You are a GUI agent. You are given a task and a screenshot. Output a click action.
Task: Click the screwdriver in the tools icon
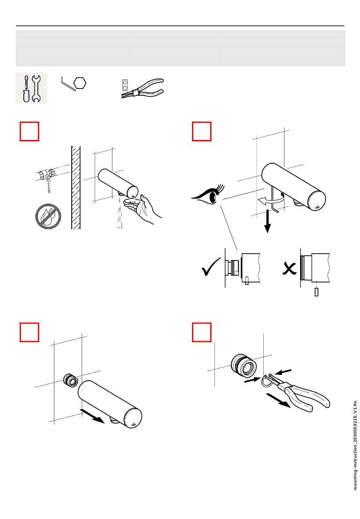(x=26, y=89)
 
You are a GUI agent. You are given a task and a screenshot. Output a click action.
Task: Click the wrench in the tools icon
(x=36, y=88)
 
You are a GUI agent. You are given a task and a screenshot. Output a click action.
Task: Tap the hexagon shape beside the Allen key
(x=80, y=83)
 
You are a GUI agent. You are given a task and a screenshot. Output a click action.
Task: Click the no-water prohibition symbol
(x=48, y=216)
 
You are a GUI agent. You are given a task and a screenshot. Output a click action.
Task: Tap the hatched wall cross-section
(x=76, y=188)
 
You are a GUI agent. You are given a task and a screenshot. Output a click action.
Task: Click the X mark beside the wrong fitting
(x=289, y=269)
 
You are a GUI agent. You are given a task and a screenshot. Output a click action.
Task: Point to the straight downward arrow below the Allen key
(x=268, y=221)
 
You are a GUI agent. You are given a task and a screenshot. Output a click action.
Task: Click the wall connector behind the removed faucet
(x=70, y=380)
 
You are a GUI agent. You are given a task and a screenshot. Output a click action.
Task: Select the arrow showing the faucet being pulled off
(x=92, y=416)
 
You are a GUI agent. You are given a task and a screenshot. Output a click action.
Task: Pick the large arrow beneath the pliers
(x=279, y=400)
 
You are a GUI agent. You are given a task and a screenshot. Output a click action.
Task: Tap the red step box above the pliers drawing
(x=202, y=332)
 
